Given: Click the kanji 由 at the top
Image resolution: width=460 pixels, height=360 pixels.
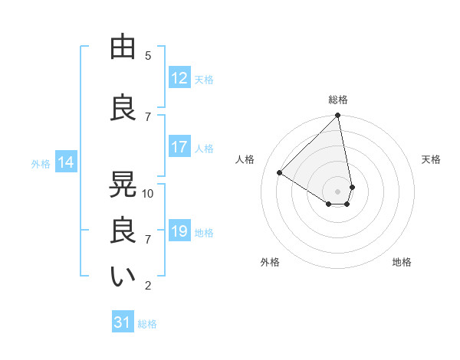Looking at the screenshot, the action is point(123,47).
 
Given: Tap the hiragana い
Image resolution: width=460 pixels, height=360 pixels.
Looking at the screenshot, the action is point(123,277).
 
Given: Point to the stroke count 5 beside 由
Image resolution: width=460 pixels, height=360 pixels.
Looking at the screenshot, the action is point(148,55).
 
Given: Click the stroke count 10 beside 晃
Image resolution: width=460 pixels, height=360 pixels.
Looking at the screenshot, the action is point(148,193).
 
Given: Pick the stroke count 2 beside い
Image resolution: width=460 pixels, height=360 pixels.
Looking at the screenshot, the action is point(148,286).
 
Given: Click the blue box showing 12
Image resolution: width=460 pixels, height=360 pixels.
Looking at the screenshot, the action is point(179,78).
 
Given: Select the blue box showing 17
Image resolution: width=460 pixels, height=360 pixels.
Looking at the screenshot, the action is point(179,147).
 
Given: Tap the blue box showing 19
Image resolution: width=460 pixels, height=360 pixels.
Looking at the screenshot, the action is point(179,231).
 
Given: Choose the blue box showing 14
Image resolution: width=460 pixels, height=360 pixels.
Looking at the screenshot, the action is point(66,162).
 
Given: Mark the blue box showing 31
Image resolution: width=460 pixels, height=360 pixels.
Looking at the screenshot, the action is point(123,322).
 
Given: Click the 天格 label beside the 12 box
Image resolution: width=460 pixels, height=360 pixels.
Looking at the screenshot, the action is point(204,79).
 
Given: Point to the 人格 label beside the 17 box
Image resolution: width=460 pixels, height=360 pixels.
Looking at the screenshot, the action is point(204,148).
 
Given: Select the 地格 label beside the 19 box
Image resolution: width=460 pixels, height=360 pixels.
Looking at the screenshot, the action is point(204,232).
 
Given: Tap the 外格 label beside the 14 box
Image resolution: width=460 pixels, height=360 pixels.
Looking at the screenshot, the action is point(41,163).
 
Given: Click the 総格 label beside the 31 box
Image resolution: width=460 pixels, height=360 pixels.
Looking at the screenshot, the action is point(147,323).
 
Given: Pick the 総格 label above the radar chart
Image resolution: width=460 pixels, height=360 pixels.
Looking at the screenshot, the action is point(338,100).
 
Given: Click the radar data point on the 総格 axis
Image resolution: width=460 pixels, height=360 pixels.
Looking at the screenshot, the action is point(338,116).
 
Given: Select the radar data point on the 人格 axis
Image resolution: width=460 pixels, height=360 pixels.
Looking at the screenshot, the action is point(280,173).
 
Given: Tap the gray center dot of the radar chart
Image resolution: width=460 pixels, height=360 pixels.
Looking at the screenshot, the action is point(338,191).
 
